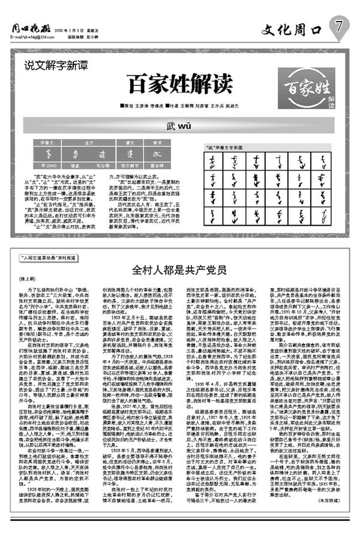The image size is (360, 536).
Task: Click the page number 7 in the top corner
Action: (x=340, y=25)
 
